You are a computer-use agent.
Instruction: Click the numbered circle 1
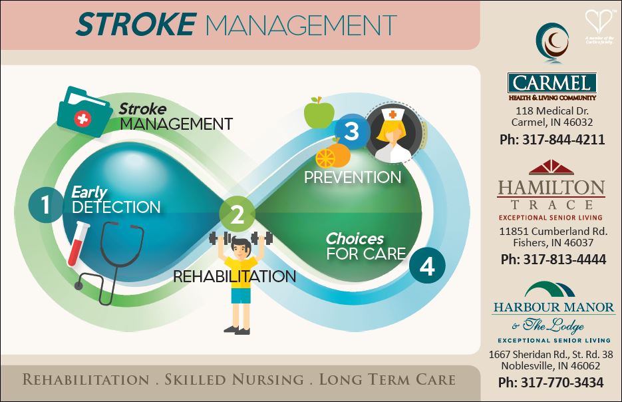[x=45, y=204]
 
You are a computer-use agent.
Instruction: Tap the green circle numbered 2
[x=237, y=213]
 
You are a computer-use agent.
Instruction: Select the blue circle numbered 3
[x=351, y=130]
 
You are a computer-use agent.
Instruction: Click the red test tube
[x=78, y=246]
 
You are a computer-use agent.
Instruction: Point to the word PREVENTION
[x=353, y=177]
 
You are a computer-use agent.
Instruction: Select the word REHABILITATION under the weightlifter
[x=234, y=276]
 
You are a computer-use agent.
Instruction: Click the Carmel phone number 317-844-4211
[x=552, y=140]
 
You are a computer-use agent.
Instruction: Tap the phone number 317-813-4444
[x=552, y=260]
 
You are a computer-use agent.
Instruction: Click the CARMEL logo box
[x=552, y=83]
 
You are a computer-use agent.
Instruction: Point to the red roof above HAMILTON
[x=551, y=168]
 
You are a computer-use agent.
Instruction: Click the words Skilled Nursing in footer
[x=233, y=380]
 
